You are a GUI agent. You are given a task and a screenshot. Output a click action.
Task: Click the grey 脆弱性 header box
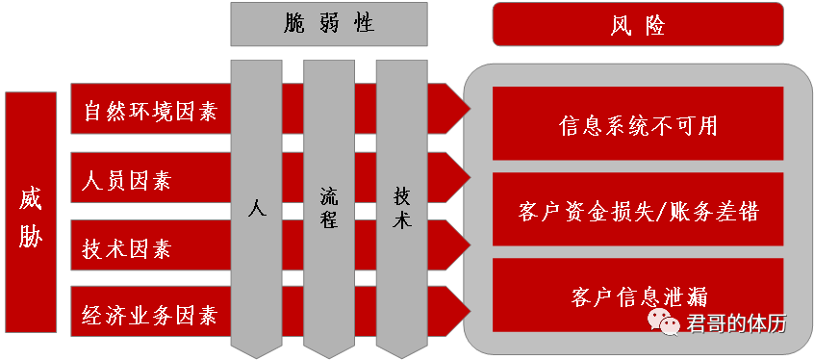click(x=328, y=24)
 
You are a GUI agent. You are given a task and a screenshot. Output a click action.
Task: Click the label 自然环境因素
click(x=150, y=112)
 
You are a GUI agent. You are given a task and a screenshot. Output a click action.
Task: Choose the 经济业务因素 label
click(x=150, y=316)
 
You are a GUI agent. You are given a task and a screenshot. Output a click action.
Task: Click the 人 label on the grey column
click(x=256, y=206)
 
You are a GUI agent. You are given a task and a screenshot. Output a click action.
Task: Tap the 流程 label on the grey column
click(x=329, y=208)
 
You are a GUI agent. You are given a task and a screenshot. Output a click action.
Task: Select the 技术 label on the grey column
click(x=402, y=207)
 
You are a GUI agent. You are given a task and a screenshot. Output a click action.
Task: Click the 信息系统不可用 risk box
click(x=638, y=125)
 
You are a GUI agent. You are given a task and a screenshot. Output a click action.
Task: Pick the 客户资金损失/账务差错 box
click(x=638, y=211)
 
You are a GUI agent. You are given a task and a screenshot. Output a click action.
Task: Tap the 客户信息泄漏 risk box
click(x=638, y=295)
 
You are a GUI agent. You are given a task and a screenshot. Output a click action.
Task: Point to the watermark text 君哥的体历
click(x=736, y=323)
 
